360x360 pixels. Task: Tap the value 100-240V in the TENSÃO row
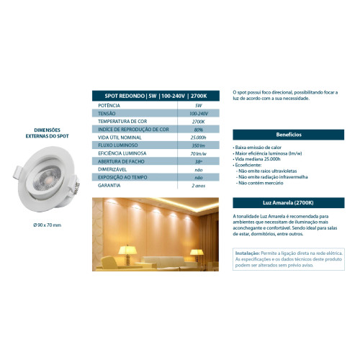(198, 113)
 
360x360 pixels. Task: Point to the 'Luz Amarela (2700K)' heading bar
(289, 204)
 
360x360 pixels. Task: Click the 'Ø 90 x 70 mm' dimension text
(48, 225)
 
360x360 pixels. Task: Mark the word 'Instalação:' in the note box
(249, 253)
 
